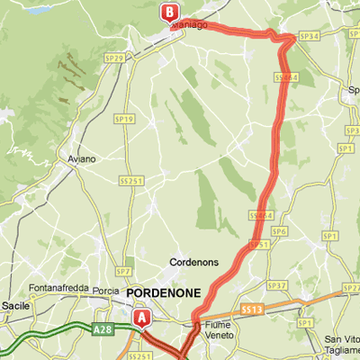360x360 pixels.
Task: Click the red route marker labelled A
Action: (x=141, y=318)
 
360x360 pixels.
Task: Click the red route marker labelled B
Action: (x=168, y=13)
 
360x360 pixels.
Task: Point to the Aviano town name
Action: (x=81, y=159)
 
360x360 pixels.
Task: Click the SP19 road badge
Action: (x=124, y=119)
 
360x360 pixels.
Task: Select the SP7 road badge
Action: (x=124, y=271)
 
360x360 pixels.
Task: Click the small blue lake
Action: (x=40, y=11)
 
